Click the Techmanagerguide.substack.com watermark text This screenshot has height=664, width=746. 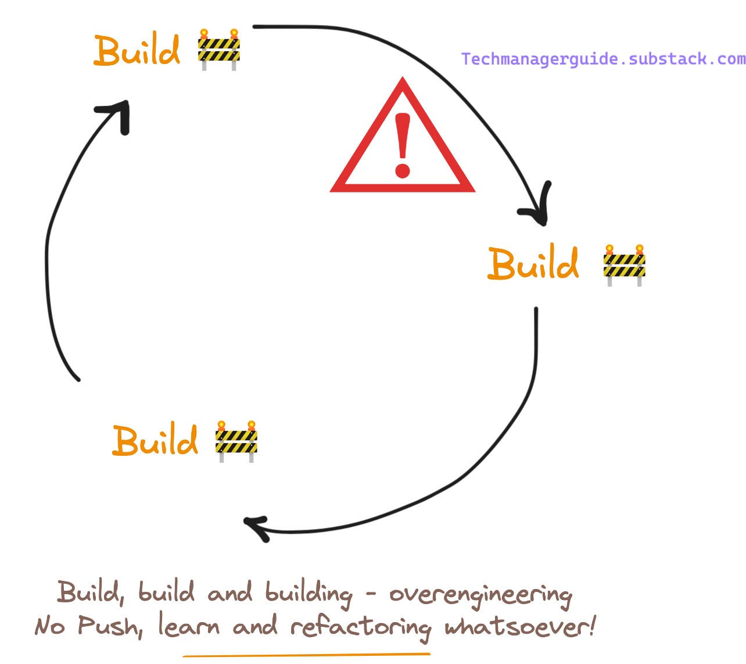603,59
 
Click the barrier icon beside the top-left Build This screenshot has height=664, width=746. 218,49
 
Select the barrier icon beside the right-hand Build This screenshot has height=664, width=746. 624,265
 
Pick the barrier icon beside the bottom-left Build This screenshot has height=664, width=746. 236,441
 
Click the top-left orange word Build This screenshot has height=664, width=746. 137,51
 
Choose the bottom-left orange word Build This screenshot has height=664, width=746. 155,440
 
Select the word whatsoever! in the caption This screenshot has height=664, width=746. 520,627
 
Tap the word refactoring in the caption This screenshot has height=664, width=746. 360,628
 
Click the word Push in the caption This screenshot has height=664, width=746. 110,627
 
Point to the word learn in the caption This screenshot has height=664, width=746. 189,627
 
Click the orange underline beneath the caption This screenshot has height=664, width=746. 306,655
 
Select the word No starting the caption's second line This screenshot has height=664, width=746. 49,627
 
